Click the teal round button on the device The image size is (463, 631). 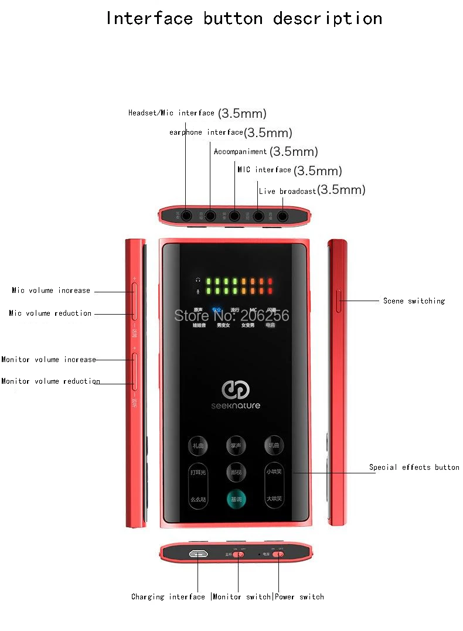[x=236, y=499]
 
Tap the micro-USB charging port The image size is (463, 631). [x=198, y=554]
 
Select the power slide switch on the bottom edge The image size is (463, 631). [x=280, y=554]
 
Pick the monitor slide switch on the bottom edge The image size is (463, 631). [x=238, y=554]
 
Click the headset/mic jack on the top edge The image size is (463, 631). [x=186, y=216]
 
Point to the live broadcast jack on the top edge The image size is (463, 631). [x=282, y=216]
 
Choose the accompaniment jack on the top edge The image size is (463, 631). [x=234, y=216]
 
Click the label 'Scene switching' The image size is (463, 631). [x=414, y=301]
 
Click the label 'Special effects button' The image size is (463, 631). [x=414, y=468]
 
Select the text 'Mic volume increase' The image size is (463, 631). [x=51, y=291]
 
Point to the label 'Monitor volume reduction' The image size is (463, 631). [x=50, y=381]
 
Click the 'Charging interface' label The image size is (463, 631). [x=168, y=597]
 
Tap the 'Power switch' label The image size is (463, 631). [x=299, y=597]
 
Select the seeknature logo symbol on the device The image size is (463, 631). [x=236, y=390]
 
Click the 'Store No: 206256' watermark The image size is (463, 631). [x=231, y=315]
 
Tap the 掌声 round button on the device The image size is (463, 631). [x=236, y=446]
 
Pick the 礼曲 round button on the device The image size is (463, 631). [x=198, y=446]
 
